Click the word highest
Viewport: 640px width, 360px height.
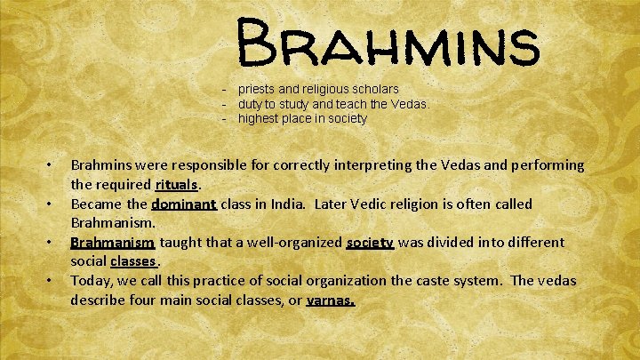point(260,118)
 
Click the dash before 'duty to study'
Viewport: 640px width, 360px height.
point(226,104)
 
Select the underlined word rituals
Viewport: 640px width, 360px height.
point(179,185)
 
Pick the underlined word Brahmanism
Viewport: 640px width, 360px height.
point(113,242)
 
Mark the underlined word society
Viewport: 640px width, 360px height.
point(370,242)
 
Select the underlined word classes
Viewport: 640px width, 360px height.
point(133,261)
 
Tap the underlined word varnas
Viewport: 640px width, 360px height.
point(330,300)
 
